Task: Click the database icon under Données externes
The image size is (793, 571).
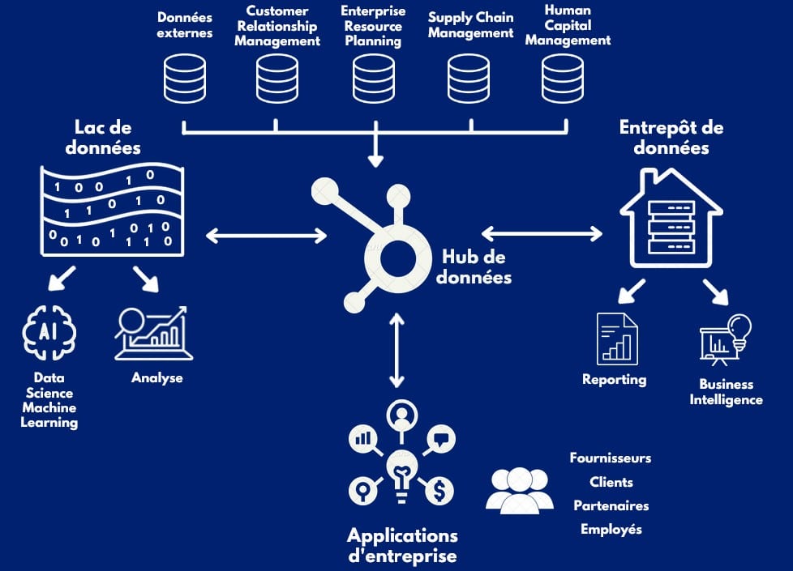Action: pos(184,79)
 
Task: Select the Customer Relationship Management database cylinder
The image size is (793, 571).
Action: pos(277,79)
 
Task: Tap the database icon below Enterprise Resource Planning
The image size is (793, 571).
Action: pos(374,79)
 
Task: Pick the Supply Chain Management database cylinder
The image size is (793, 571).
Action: pos(469,79)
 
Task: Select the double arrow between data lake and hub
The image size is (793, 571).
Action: pos(266,236)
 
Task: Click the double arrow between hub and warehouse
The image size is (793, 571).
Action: pos(542,234)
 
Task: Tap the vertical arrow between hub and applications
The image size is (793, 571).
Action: pos(396,350)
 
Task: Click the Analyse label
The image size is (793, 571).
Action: pos(157,377)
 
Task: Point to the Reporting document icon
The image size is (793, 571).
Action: pos(617,338)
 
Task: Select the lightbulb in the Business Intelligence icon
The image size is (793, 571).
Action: pos(740,329)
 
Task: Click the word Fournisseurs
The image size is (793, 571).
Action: pos(611,458)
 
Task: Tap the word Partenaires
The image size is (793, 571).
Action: pos(611,505)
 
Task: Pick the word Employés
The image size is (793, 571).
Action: pos(611,529)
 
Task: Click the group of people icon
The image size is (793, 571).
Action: pos(520,488)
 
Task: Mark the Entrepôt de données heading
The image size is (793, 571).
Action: pos(671,138)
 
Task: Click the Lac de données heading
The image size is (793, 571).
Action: pos(103,138)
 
